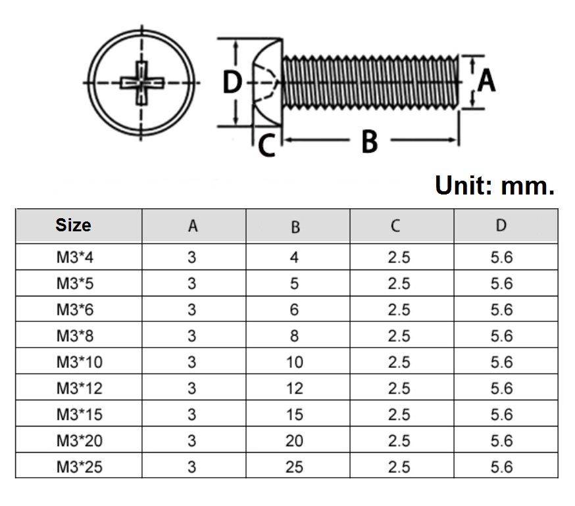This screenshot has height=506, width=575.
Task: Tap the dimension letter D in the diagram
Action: pyautogui.click(x=232, y=83)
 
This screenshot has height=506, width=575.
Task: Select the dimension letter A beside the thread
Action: pyautogui.click(x=486, y=81)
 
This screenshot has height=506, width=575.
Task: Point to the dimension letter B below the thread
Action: pyautogui.click(x=370, y=141)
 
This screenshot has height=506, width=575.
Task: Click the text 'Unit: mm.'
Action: pyautogui.click(x=495, y=185)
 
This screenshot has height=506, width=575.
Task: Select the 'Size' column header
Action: pyautogui.click(x=74, y=225)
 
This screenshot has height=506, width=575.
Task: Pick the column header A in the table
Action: pyautogui.click(x=192, y=226)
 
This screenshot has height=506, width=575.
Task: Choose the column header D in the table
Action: pyautogui.click(x=501, y=225)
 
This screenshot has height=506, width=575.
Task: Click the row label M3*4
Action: pyautogui.click(x=75, y=257)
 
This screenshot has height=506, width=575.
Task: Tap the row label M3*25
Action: pyautogui.click(x=79, y=467)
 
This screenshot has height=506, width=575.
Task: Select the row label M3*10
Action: pyautogui.click(x=79, y=362)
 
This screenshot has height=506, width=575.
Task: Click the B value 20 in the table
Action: pyautogui.click(x=294, y=441)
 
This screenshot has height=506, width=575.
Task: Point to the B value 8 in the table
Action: pyautogui.click(x=294, y=336)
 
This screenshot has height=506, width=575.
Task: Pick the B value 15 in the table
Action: pyautogui.click(x=294, y=415)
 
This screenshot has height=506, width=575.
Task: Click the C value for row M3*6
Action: pyautogui.click(x=399, y=310)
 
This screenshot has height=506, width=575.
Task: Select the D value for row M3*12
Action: pyautogui.click(x=501, y=388)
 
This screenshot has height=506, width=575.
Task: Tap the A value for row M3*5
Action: pyautogui.click(x=192, y=283)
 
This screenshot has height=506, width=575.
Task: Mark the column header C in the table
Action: pyautogui.click(x=395, y=226)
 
